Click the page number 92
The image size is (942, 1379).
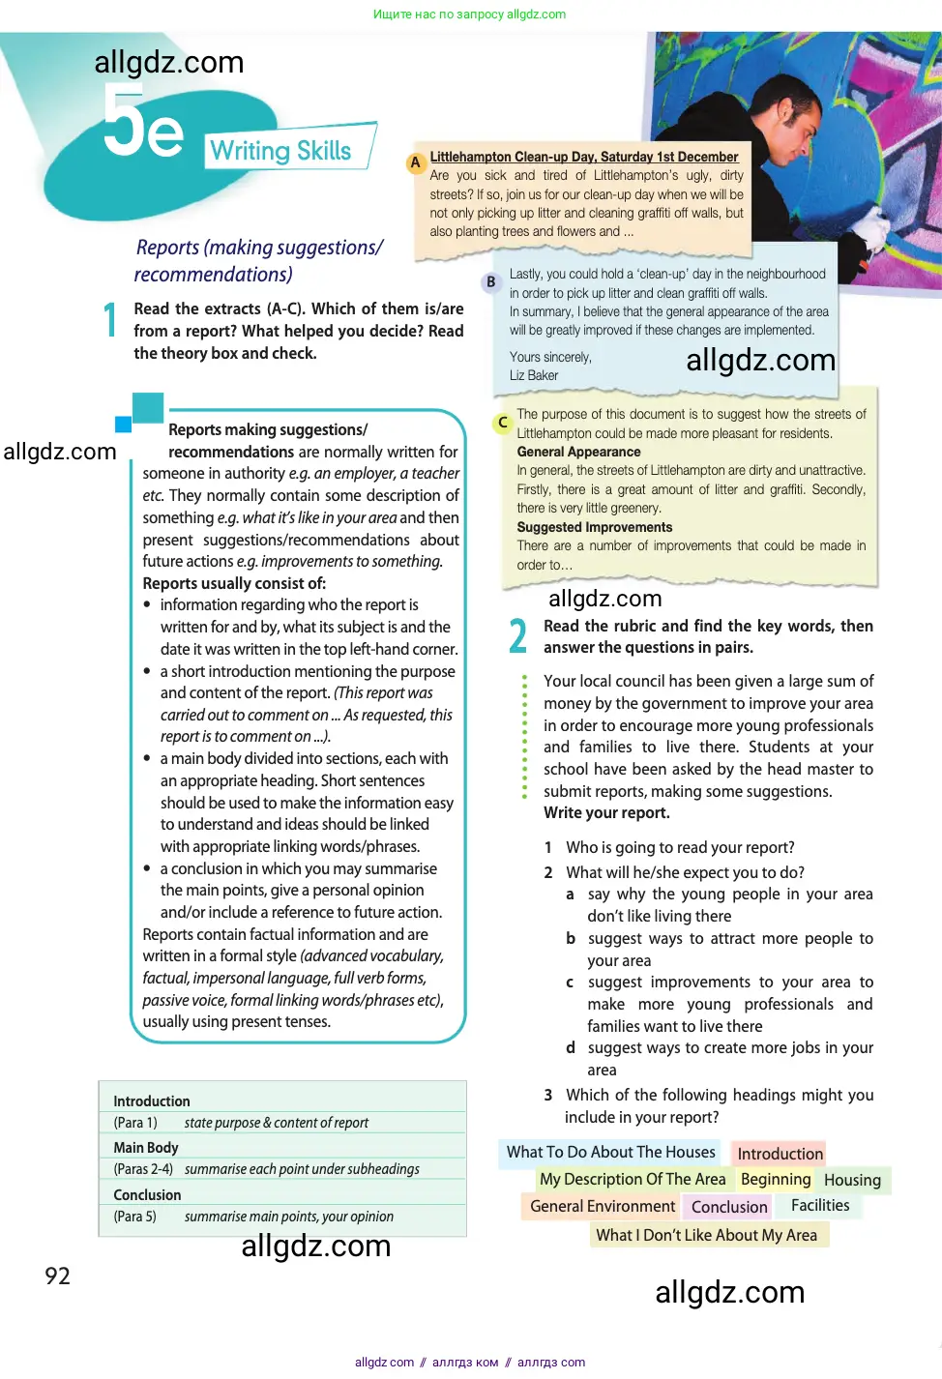[x=57, y=1276]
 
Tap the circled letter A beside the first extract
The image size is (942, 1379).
[x=415, y=162]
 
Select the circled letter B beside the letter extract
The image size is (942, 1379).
[x=490, y=281]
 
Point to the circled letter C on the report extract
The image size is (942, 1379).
[x=502, y=423]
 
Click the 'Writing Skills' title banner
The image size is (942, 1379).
[x=281, y=151]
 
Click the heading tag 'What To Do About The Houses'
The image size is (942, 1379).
[x=610, y=1152]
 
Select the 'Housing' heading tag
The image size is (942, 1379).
[x=852, y=1180]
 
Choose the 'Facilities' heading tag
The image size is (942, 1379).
[x=820, y=1205]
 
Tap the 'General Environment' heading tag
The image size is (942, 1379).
[x=603, y=1206]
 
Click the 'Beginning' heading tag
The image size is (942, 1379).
[x=776, y=1179]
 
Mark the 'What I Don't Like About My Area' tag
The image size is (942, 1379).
[x=706, y=1235]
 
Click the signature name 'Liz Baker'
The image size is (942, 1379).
[x=534, y=375]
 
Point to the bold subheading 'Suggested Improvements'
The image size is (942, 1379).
[x=594, y=527]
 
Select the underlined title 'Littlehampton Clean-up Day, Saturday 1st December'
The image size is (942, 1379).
[x=583, y=157]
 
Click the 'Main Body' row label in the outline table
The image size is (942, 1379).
[x=146, y=1147]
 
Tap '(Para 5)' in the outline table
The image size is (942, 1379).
[x=134, y=1217]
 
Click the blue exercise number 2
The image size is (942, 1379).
[x=518, y=636]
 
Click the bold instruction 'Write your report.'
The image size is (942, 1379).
[x=606, y=812]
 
